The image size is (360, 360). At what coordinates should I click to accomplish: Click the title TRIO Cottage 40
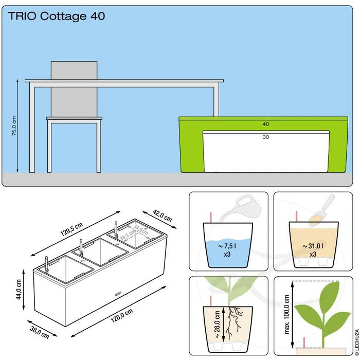[x=57, y=16]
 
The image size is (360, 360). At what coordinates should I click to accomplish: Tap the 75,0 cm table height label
[x=14, y=125]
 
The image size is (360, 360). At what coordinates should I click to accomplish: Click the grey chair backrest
[x=74, y=89]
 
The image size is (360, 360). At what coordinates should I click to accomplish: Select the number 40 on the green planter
[x=266, y=124]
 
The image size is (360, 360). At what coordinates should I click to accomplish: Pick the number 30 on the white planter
[x=266, y=137]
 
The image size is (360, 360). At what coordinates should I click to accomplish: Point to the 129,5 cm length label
[x=71, y=229]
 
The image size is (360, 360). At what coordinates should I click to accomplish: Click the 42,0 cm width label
[x=163, y=216]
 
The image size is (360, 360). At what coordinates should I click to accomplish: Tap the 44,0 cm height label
[x=19, y=289]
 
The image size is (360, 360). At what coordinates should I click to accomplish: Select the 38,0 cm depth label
[x=40, y=332]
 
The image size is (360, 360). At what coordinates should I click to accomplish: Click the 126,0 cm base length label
[x=122, y=315]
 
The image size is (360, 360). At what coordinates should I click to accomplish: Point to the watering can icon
[x=241, y=207]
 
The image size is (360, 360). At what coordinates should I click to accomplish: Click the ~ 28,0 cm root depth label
[x=218, y=325]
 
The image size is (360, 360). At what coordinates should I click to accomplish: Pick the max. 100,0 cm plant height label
[x=287, y=314]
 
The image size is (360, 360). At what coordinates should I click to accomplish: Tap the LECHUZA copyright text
[x=357, y=341]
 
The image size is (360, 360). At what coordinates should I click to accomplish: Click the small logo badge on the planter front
[x=118, y=293]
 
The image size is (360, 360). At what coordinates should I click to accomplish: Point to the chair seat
[x=74, y=118]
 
